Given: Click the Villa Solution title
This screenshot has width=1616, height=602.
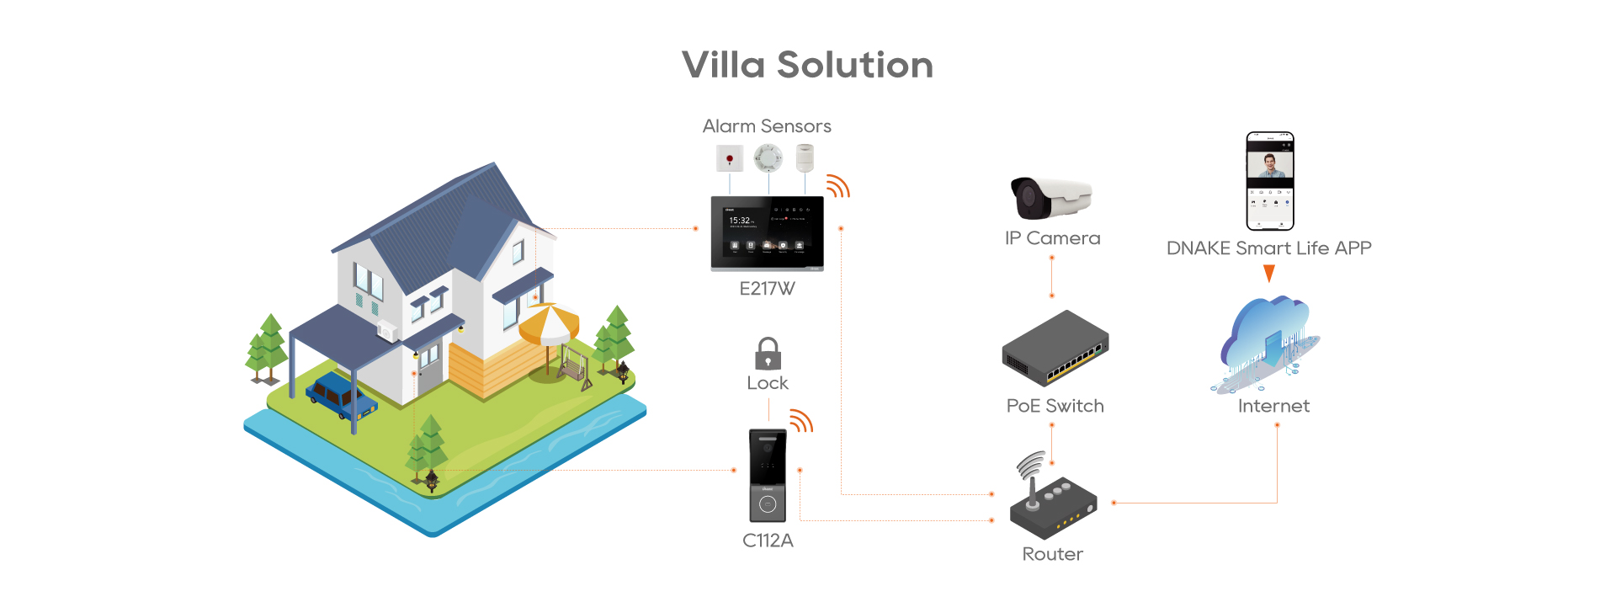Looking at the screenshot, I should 807,65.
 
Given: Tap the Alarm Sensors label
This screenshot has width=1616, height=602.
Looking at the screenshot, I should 767,126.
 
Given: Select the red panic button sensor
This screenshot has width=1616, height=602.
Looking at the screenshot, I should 729,158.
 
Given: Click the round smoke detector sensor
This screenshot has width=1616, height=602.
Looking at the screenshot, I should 768,157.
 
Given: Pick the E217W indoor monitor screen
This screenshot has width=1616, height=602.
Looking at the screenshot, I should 767,233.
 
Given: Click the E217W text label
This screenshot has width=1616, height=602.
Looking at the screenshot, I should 767,289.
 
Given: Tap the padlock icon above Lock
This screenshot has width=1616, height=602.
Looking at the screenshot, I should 768,354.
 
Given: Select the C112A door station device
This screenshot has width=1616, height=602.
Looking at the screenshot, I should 768,476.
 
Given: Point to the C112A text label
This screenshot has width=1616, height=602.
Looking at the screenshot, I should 768,541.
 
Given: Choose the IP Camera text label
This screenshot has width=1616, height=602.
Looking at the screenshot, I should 1052,238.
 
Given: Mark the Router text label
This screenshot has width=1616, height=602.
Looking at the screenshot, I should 1052,554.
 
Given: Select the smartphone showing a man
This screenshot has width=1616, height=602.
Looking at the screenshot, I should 1269,181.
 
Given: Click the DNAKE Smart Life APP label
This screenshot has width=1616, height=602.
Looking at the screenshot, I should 1268,248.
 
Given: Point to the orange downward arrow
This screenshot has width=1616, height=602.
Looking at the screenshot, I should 1269,274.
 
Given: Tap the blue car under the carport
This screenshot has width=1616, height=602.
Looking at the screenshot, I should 340,397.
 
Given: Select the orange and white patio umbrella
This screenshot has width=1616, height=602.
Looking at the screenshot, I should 549,324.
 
